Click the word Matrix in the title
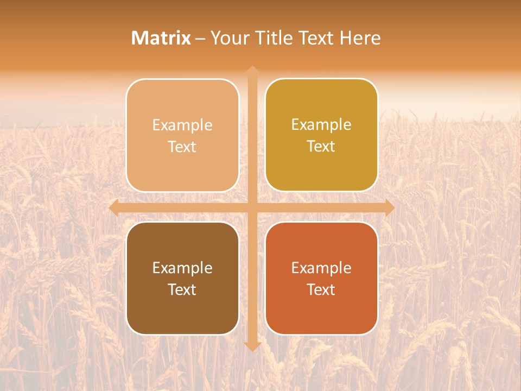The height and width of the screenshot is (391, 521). (x=161, y=38)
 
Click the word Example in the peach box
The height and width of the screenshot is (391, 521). (x=182, y=125)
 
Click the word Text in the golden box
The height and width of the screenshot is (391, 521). (x=321, y=147)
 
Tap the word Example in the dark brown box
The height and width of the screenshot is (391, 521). (x=182, y=268)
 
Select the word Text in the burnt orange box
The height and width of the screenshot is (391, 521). (x=321, y=290)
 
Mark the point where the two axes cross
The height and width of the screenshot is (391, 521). (x=252, y=207)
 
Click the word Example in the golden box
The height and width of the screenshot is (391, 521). (x=321, y=125)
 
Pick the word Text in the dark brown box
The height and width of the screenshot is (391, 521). (x=182, y=290)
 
